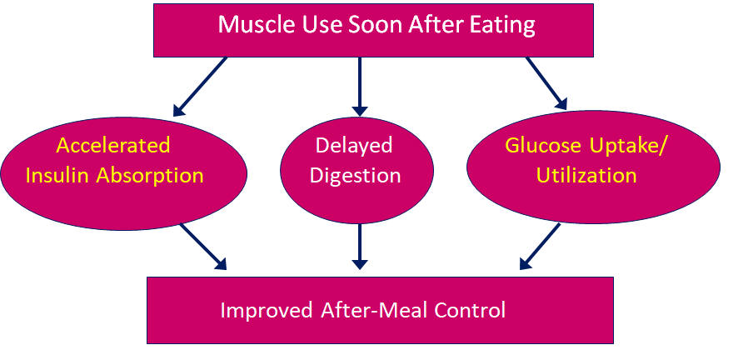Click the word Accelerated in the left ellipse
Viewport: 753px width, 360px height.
coord(113,145)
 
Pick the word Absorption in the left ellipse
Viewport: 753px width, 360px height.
coord(150,177)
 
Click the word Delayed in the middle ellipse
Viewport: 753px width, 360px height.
coord(354,146)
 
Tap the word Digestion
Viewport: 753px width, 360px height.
coord(356,177)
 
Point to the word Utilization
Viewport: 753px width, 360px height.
coord(586,176)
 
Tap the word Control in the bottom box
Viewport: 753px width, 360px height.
coord(470,310)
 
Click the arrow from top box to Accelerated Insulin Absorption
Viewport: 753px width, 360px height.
coord(200,87)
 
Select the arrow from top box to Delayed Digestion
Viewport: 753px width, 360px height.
coord(360,87)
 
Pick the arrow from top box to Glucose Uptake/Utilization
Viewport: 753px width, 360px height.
coord(546,83)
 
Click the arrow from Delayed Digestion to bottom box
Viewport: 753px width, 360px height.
coord(360,247)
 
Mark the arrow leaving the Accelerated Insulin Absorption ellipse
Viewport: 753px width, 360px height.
coord(202,247)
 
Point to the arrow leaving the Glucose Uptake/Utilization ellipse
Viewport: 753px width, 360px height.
coord(540,247)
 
